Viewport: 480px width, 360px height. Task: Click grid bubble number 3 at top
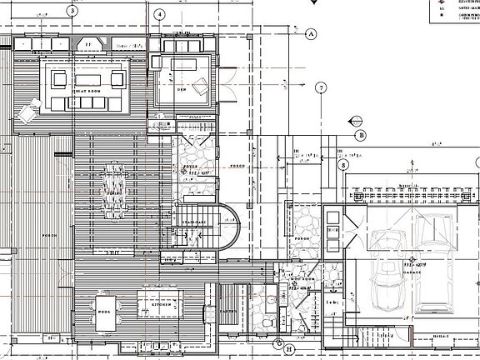(72, 12)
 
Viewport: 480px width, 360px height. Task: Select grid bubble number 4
(159, 15)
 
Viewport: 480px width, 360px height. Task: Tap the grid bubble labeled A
(312, 34)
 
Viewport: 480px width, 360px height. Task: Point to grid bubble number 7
(321, 88)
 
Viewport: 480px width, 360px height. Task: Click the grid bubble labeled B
(361, 136)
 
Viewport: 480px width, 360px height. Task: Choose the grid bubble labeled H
(288, 349)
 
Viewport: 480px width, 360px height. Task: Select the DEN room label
(182, 89)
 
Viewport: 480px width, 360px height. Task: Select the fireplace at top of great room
(91, 43)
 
